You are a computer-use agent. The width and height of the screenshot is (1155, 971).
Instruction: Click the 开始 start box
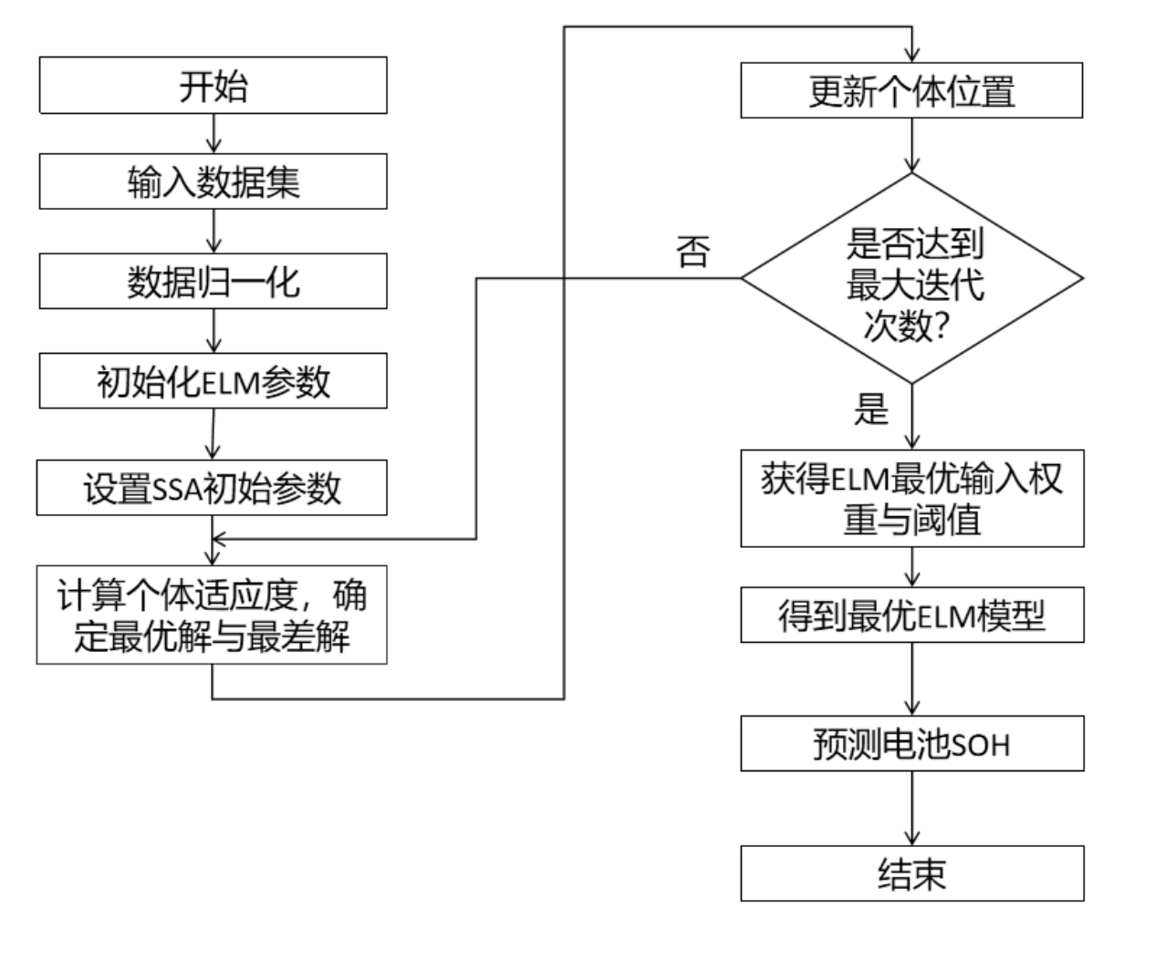pyautogui.click(x=213, y=86)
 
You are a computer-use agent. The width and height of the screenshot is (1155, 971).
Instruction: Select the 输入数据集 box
pyautogui.click(x=213, y=182)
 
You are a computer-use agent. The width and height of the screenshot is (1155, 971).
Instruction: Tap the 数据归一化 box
pyautogui.click(x=213, y=282)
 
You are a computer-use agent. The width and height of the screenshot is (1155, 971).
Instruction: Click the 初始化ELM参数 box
pyautogui.click(x=213, y=381)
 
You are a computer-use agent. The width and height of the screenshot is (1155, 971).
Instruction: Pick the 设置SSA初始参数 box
pyautogui.click(x=212, y=488)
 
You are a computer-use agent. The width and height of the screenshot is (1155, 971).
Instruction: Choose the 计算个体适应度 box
pyautogui.click(x=212, y=615)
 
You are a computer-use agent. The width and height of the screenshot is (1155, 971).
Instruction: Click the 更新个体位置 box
pyautogui.click(x=911, y=90)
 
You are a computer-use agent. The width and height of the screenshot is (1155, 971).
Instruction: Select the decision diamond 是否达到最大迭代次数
pyautogui.click(x=911, y=278)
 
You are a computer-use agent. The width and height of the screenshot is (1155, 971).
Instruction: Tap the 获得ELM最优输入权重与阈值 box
pyautogui.click(x=911, y=498)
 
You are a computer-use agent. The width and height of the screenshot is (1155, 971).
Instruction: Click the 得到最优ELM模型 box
pyautogui.click(x=911, y=615)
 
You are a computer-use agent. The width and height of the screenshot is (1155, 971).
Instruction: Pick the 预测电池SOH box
pyautogui.click(x=911, y=744)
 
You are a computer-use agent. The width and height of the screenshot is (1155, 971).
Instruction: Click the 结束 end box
pyautogui.click(x=911, y=873)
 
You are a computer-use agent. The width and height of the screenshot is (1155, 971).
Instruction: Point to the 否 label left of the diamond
pyautogui.click(x=693, y=251)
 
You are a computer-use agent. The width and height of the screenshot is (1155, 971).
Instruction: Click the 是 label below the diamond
pyautogui.click(x=870, y=409)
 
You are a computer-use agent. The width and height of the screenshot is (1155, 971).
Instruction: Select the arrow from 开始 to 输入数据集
pyautogui.click(x=213, y=133)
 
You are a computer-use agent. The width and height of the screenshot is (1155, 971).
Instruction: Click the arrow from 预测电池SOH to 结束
pyautogui.click(x=912, y=808)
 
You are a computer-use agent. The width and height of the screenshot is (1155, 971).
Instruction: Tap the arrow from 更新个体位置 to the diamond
pyautogui.click(x=912, y=145)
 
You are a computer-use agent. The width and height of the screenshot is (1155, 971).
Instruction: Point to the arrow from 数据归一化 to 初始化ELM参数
pyautogui.click(x=213, y=331)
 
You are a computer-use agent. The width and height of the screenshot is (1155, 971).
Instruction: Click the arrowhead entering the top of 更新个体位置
pyautogui.click(x=912, y=56)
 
